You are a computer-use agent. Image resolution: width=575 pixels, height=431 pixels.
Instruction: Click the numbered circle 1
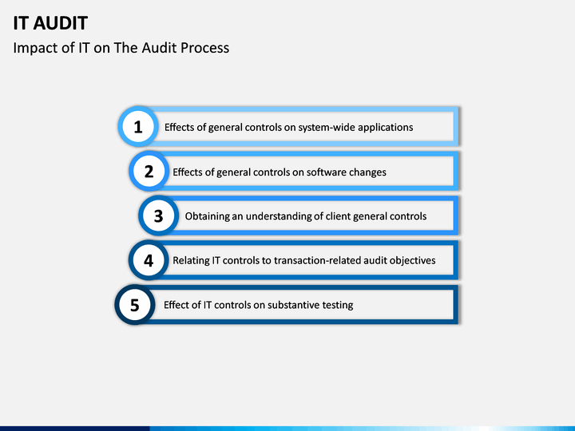click(x=138, y=126)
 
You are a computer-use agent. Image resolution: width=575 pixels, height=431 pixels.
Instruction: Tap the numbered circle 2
click(x=149, y=171)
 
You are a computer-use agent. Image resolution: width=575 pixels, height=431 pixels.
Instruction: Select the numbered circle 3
click(x=158, y=215)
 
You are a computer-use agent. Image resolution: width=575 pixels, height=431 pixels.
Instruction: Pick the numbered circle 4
click(x=149, y=260)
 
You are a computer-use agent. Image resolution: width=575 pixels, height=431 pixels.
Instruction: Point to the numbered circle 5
click(x=134, y=305)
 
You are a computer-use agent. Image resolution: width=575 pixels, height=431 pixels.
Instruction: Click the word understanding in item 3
click(x=278, y=216)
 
